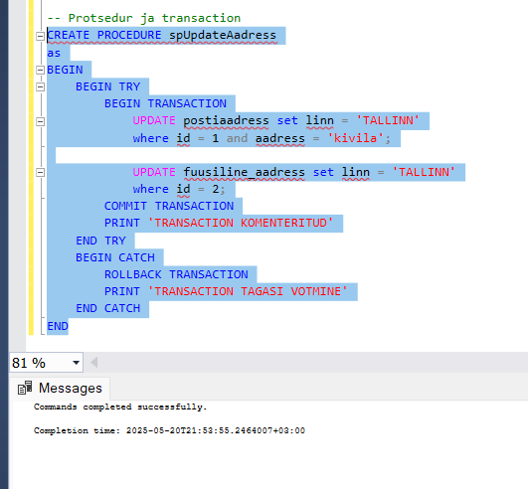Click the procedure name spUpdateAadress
point(223,36)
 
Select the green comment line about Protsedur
point(144,18)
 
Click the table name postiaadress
point(226,121)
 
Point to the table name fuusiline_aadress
point(245,172)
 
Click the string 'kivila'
point(355,138)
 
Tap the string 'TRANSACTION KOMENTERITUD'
point(241,223)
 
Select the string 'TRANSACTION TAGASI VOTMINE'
point(248,291)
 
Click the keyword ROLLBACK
point(133,274)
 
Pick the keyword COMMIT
point(125,206)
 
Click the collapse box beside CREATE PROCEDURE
point(40,36)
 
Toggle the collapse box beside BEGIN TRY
point(40,87)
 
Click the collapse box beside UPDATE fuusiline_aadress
point(40,173)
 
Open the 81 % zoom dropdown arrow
point(77,363)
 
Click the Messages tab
point(60,388)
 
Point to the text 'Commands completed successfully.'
point(120,407)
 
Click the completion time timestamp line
point(169,430)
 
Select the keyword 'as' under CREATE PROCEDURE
point(54,53)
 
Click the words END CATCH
point(107,308)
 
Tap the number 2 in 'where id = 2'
point(215,189)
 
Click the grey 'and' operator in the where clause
point(237,138)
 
